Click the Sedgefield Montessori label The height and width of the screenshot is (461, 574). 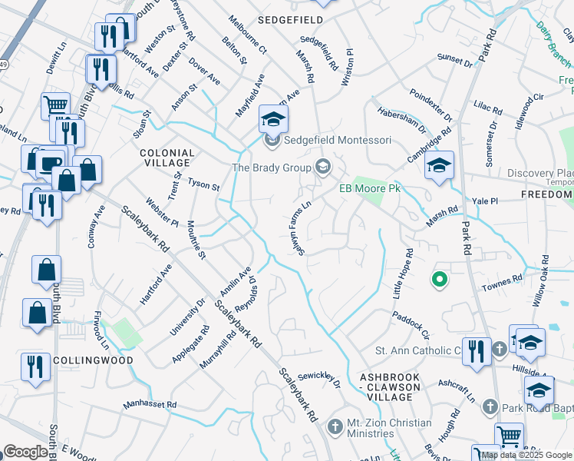pyautogui.click(x=338, y=141)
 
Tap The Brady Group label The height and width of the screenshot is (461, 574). pyautogui.click(x=272, y=167)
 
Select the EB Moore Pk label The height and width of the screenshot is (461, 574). pyautogui.click(x=371, y=188)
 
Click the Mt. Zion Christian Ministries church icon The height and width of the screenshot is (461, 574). pyautogui.click(x=334, y=426)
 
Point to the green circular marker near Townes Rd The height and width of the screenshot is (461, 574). pyautogui.click(x=439, y=280)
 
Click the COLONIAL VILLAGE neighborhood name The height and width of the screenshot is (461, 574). pyautogui.click(x=165, y=158)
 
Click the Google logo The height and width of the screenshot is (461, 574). pyautogui.click(x=25, y=452)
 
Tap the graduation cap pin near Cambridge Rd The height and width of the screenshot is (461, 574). pyautogui.click(x=439, y=167)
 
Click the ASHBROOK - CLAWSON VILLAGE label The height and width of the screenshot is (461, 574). pyautogui.click(x=391, y=382)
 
